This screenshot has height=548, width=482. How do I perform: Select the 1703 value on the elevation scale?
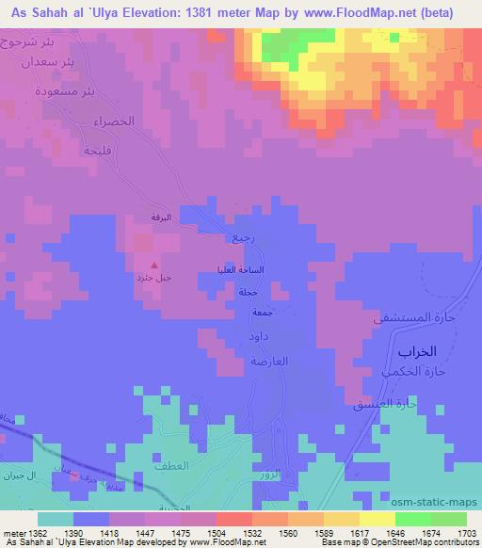point(454,533)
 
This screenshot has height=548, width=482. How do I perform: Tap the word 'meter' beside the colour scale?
point(14,533)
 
